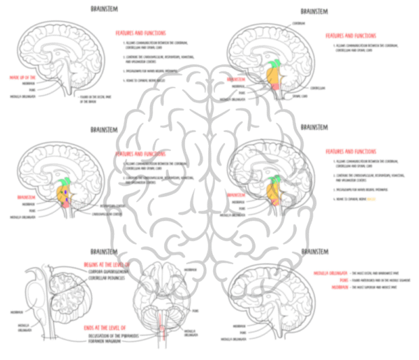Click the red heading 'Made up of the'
tap(22, 78)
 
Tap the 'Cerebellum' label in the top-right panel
tap(318, 88)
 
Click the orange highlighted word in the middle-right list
tap(372, 199)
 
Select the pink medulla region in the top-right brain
tap(277, 85)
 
